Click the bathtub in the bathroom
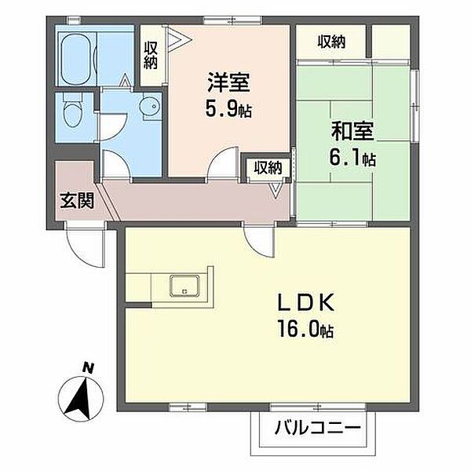[78, 59]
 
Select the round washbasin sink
[150, 106]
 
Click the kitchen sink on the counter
[184, 285]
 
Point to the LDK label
[306, 302]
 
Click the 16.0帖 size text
[305, 329]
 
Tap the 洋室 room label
[228, 82]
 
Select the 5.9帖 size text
[228, 108]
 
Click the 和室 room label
[352, 131]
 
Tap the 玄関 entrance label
[77, 200]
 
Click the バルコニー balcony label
[317, 427]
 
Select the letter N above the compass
[88, 368]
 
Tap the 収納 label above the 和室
[331, 42]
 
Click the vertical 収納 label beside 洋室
[151, 56]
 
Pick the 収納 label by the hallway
[268, 167]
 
